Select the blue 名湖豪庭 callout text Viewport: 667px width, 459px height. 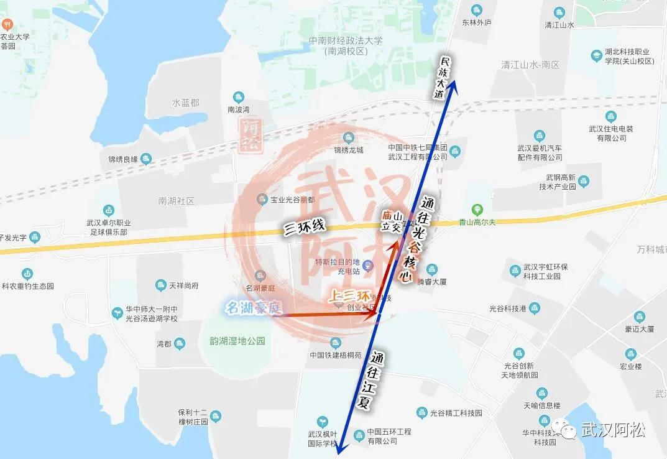[254, 307]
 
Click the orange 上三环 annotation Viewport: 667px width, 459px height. [349, 297]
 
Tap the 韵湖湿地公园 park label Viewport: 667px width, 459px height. [233, 341]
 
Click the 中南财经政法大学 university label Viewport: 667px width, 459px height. [346, 45]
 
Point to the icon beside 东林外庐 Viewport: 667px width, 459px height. [477, 10]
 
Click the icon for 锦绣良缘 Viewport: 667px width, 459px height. [146, 159]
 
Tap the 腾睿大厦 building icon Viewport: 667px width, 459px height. [431, 269]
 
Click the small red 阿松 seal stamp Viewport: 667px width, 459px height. [252, 137]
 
